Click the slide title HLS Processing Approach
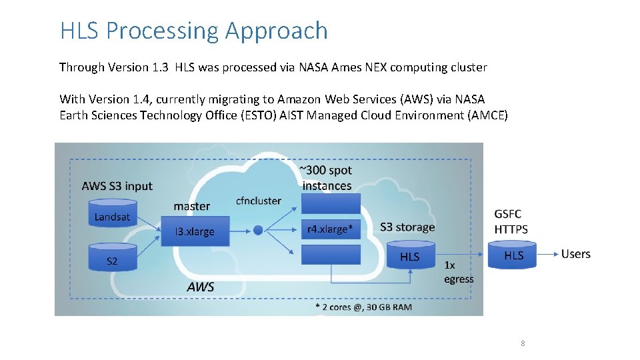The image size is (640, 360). tap(194, 31)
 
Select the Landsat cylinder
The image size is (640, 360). tap(112, 215)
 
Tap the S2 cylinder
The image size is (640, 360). tap(112, 259)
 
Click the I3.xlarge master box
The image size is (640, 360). tap(195, 231)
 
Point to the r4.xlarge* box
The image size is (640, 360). tap(331, 229)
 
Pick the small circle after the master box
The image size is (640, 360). tap(259, 231)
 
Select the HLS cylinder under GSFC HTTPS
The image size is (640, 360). tap(513, 255)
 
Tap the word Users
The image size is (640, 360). tap(576, 254)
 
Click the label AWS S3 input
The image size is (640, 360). tap(117, 186)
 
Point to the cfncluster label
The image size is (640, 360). tap(259, 201)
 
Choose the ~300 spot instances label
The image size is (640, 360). tap(327, 178)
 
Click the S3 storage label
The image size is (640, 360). tap(407, 227)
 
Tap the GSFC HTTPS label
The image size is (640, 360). tap(511, 221)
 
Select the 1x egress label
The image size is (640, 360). tap(459, 272)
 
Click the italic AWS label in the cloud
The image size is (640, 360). tap(201, 287)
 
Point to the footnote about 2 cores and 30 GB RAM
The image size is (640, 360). tap(363, 307)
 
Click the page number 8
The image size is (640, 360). tap(523, 343)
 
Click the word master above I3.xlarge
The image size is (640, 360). tap(191, 206)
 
